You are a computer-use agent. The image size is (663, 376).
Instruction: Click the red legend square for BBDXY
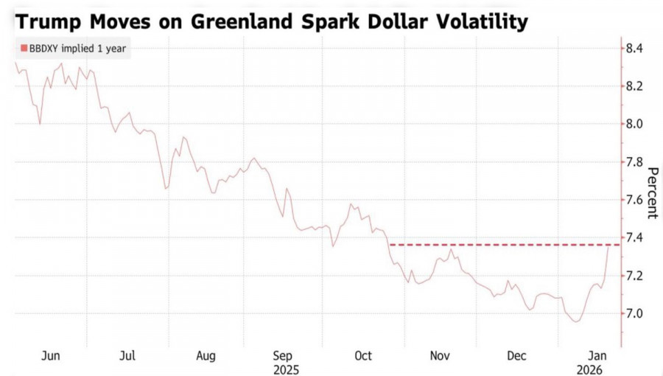[24, 49]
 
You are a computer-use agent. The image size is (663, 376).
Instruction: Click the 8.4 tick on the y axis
[634, 49]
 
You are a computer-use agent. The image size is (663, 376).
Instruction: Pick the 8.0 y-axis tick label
[634, 124]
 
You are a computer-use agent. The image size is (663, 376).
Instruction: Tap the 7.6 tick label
[634, 200]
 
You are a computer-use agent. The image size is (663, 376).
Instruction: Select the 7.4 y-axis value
[634, 237]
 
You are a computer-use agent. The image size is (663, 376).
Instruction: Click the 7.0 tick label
[634, 313]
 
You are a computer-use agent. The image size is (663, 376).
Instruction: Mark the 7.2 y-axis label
[634, 276]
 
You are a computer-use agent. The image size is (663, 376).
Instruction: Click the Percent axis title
[651, 193]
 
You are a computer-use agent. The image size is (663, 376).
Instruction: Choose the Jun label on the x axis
[50, 356]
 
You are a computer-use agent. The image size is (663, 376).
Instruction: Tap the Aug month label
[206, 356]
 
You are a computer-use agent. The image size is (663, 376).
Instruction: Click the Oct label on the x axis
[363, 356]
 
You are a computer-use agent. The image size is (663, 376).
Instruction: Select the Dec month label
[518, 356]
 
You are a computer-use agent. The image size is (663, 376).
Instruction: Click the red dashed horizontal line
[501, 244]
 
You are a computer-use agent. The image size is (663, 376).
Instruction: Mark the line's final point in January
[608, 248]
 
